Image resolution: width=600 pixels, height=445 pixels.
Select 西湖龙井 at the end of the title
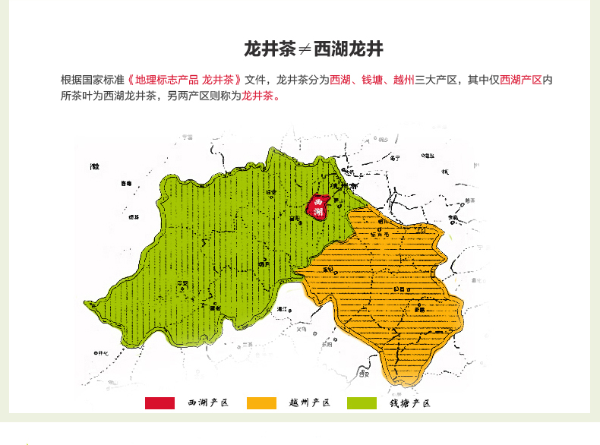(x=349, y=50)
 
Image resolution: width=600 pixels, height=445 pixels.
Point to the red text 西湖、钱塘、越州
(x=371, y=80)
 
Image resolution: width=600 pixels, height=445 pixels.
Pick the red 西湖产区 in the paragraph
(x=521, y=80)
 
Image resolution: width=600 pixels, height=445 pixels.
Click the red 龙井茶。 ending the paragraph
(x=261, y=96)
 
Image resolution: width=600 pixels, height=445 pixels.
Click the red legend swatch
(x=159, y=403)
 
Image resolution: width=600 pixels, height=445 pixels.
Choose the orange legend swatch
(x=261, y=403)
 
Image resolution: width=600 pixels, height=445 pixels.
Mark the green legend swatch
(x=362, y=403)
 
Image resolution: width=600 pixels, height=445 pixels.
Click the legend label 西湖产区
(x=208, y=403)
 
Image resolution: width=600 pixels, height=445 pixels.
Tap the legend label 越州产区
(x=310, y=403)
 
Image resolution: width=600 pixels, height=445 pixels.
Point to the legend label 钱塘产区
(x=410, y=403)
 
